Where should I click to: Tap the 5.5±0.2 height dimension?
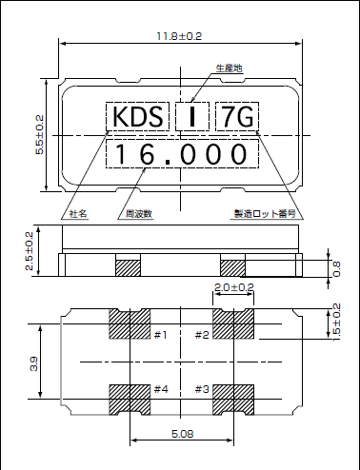(39, 135)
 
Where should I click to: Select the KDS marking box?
(137, 118)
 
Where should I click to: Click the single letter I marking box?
(193, 118)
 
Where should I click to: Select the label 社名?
(78, 214)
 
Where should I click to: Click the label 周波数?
(139, 214)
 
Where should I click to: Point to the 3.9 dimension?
(34, 363)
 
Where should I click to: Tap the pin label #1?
(160, 334)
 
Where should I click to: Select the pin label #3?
(202, 389)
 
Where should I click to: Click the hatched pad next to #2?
(233, 325)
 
